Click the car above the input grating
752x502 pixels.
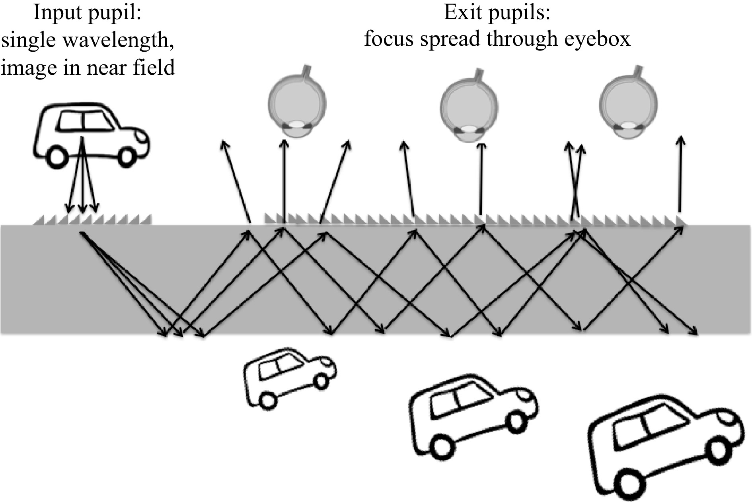click(x=92, y=133)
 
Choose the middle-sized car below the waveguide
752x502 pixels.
click(x=473, y=413)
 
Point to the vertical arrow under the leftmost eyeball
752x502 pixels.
click(x=284, y=179)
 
